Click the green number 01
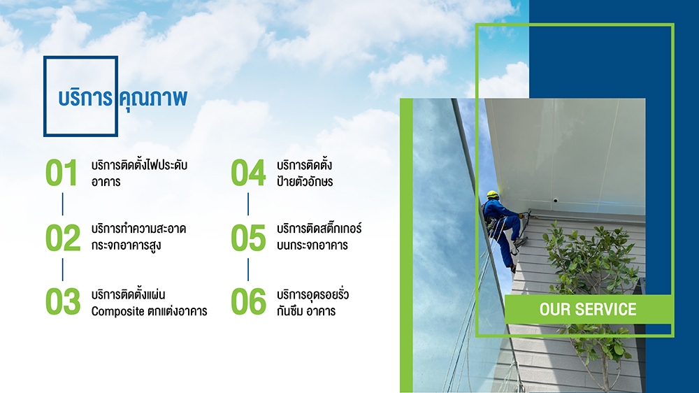click(x=62, y=173)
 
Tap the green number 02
click(x=63, y=238)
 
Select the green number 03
click(x=63, y=301)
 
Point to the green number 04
click(x=248, y=173)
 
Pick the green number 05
click(x=248, y=238)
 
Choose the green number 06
click(x=248, y=301)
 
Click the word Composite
click(x=117, y=311)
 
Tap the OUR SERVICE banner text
click(x=588, y=309)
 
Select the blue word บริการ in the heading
click(x=85, y=98)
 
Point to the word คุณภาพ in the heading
click(x=153, y=98)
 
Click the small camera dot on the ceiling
click(x=556, y=200)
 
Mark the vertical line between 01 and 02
click(x=62, y=204)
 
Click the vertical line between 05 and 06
click(x=248, y=269)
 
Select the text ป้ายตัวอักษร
click(x=305, y=181)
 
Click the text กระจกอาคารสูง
click(x=126, y=245)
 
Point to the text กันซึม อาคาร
click(x=306, y=311)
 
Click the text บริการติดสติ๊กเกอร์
click(x=319, y=228)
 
